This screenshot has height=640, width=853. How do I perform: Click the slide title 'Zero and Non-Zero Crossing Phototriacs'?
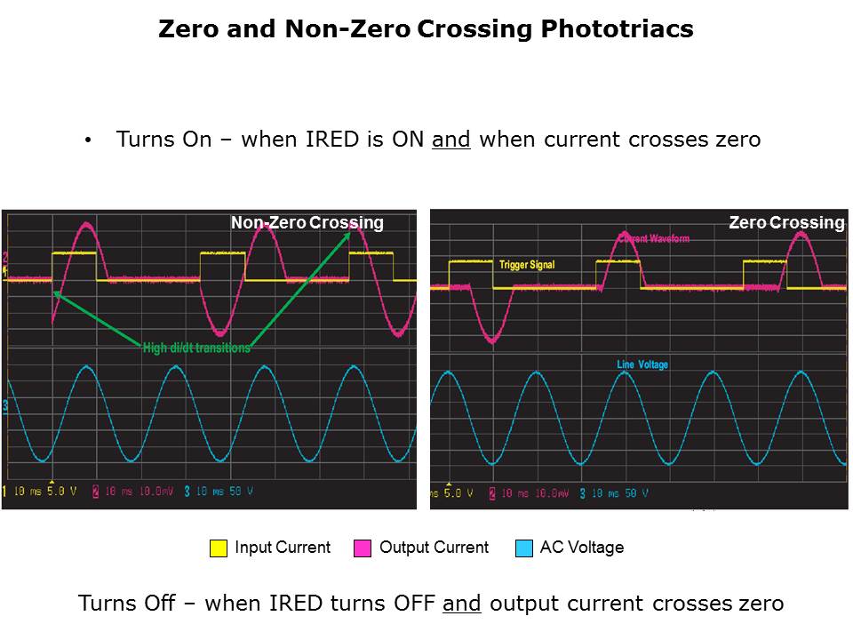coord(426,29)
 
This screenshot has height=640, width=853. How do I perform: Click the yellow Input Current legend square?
coord(219,548)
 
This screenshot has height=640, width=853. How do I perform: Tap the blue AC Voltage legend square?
coord(524,548)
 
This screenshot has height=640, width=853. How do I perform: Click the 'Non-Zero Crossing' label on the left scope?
coord(307,223)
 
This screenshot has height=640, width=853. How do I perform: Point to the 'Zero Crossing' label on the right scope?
coord(785,223)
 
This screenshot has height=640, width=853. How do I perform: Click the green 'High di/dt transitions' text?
coord(196,348)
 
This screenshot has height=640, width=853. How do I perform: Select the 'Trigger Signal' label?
coord(527,265)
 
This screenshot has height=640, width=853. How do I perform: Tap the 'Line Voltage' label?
coord(642,365)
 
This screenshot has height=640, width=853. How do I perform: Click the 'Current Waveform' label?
coord(653,238)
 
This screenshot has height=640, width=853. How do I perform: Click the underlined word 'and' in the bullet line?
coord(450,140)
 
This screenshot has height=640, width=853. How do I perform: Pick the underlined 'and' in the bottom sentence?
coord(461,604)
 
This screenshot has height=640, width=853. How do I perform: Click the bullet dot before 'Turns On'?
coord(88,140)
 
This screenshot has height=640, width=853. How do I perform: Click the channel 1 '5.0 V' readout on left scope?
coord(63,492)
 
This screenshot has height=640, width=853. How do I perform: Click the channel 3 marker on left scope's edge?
coord(5,406)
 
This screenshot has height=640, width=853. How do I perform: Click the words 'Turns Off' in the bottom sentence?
coord(121,604)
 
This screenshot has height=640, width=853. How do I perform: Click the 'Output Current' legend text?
coord(434,548)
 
